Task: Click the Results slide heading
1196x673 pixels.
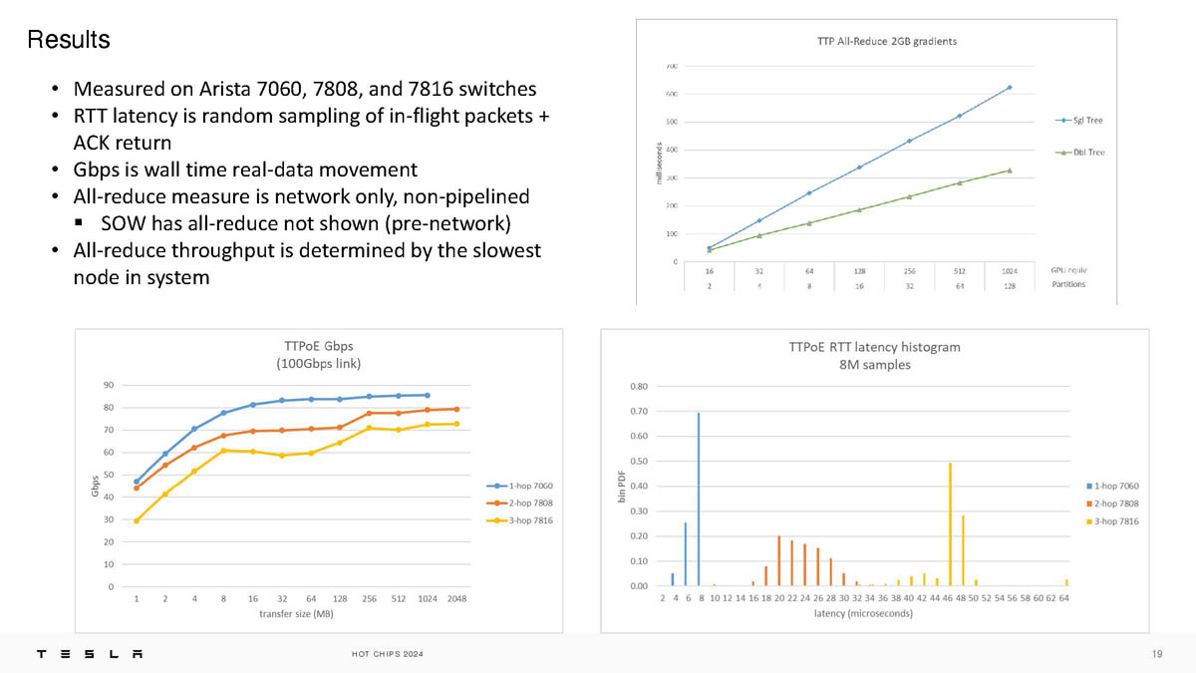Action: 68,40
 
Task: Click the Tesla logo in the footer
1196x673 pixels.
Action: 90,654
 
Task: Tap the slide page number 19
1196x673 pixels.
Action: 1156,654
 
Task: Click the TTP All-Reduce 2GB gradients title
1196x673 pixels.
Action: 880,42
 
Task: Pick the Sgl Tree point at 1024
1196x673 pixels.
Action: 1010,88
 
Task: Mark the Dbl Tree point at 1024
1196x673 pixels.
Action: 1010,170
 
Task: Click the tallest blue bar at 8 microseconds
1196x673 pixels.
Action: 699,499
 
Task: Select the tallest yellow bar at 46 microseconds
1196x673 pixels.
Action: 950,523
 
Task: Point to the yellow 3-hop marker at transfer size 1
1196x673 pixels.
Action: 137,520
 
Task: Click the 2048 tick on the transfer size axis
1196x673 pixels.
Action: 457,599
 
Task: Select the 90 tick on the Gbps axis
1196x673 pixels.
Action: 107,385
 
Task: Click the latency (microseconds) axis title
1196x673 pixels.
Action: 863,614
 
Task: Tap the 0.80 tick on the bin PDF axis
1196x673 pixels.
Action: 640,386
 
